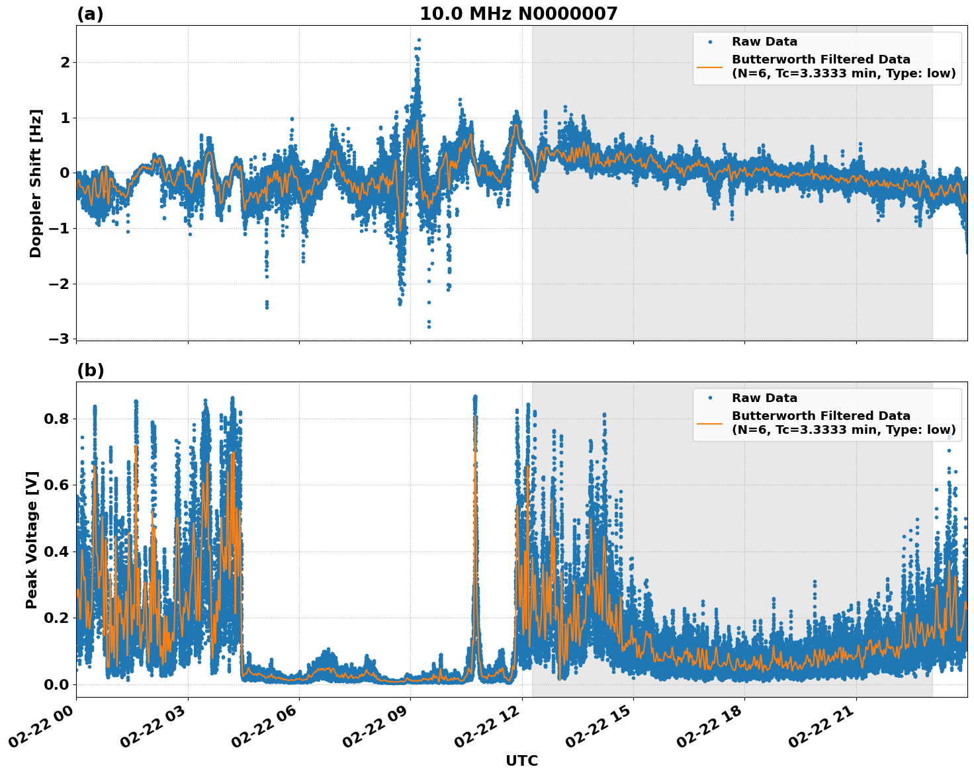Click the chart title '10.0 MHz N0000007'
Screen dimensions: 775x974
click(x=518, y=14)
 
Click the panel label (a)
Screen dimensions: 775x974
click(x=90, y=14)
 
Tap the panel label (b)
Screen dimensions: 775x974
click(x=90, y=370)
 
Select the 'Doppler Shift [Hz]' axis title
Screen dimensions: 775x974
click(x=36, y=183)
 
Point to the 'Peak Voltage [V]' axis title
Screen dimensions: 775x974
click(x=32, y=540)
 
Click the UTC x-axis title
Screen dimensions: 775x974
click(x=521, y=760)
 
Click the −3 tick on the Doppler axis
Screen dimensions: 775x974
click(x=58, y=339)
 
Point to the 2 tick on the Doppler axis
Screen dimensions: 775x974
click(x=65, y=62)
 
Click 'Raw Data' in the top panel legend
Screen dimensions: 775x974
click(x=764, y=42)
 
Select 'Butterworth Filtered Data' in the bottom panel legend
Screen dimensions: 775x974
click(x=820, y=416)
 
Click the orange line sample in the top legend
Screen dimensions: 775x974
click(x=709, y=66)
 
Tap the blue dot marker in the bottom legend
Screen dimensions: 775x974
click(x=709, y=398)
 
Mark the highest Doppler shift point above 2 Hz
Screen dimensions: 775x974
click(x=419, y=40)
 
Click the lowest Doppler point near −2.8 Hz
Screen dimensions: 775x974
click(x=429, y=327)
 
